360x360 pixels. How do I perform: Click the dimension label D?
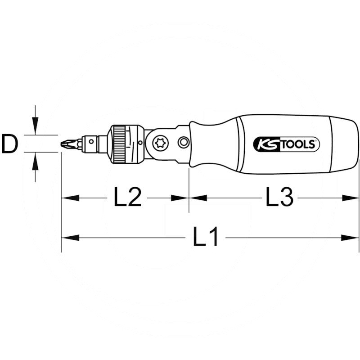[x=9, y=144]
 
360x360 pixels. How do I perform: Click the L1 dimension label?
[x=206, y=237]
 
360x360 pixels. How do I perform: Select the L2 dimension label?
[x=128, y=198]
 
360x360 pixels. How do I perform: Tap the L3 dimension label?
[x=279, y=198]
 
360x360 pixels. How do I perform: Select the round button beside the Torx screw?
[x=183, y=143]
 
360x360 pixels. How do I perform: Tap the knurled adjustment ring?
[x=119, y=144]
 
